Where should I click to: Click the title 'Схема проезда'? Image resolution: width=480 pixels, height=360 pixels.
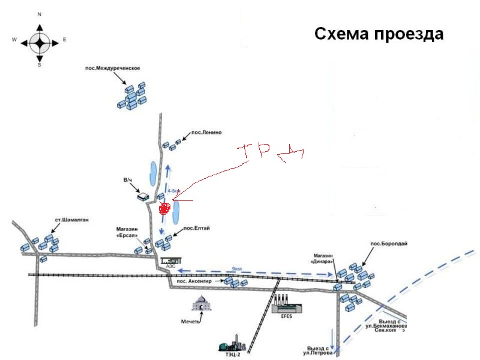tap(379, 34)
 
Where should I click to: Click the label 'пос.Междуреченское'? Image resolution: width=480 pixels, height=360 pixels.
tap(113, 68)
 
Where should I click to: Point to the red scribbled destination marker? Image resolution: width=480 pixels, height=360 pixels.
tap(164, 208)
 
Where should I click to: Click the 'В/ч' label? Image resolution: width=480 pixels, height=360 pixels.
tap(128, 179)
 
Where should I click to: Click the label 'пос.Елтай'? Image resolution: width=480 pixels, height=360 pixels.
tap(196, 229)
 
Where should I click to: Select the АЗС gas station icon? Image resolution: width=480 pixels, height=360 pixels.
tap(171, 262)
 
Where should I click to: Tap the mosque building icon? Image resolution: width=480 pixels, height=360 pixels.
tap(203, 303)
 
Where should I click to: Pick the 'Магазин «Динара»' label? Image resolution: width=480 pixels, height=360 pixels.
tap(322, 259)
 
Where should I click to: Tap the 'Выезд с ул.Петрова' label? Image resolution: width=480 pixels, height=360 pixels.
tap(317, 351)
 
